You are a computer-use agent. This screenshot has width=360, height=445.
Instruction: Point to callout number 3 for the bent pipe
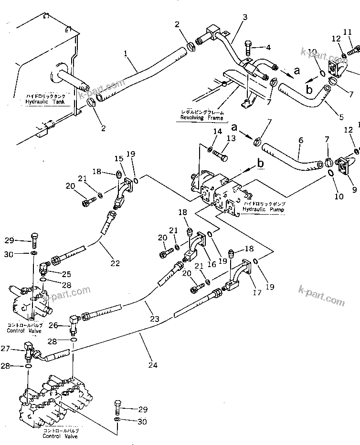coord(244,18)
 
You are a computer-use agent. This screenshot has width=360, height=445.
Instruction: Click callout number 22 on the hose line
coord(115,263)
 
